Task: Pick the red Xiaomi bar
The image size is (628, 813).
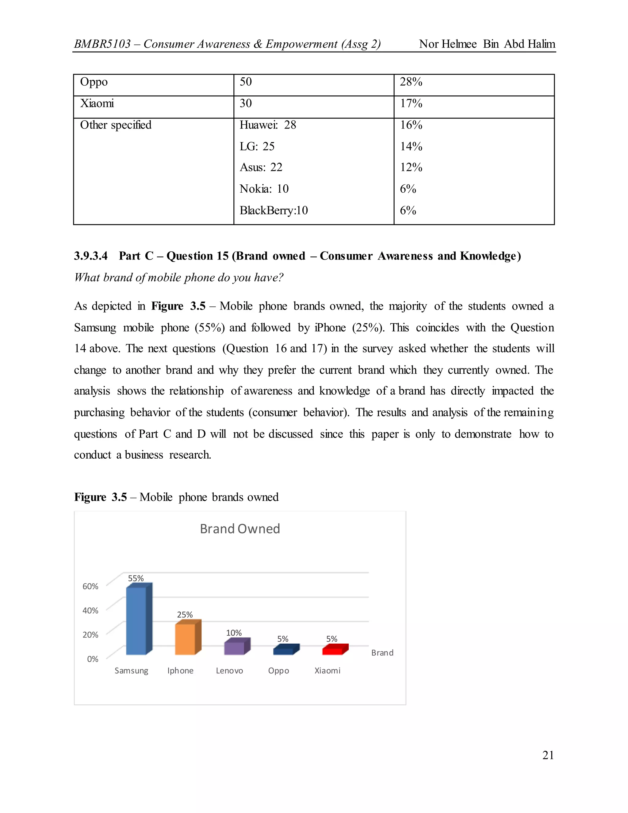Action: tap(333, 651)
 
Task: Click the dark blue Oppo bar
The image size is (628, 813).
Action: tap(284, 651)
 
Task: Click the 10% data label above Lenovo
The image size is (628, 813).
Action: tap(234, 633)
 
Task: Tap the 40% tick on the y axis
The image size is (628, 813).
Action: tap(90, 611)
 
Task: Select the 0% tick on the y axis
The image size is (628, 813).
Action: tap(93, 659)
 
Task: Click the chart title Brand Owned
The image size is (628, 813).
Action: tap(240, 529)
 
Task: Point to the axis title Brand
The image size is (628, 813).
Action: tap(382, 653)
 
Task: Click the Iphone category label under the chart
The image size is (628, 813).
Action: tap(180, 670)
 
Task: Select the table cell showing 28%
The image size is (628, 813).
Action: tap(411, 82)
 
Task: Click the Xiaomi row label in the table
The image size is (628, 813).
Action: tap(97, 103)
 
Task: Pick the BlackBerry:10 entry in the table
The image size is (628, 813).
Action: tap(274, 210)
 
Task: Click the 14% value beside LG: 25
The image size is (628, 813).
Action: tap(411, 146)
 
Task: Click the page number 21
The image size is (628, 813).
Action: tap(548, 755)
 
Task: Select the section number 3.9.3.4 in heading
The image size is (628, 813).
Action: tap(91, 256)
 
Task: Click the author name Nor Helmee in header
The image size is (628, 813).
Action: tap(448, 44)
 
